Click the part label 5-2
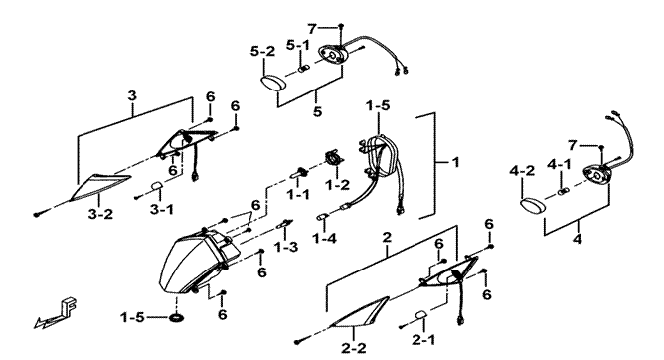point(262,52)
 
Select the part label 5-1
point(298,44)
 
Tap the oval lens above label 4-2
point(533,206)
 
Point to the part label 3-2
point(100,214)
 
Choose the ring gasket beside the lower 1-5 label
point(177,317)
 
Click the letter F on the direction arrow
point(69,305)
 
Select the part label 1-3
point(286,247)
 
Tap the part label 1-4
point(324,238)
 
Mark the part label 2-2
point(353,348)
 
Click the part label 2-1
point(422,340)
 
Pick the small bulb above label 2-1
point(420,315)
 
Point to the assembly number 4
point(577,239)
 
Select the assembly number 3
point(132,95)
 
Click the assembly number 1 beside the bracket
point(455,162)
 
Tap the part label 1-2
point(337,185)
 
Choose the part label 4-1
point(559,163)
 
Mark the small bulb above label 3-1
point(156,186)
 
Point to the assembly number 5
point(318,111)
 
